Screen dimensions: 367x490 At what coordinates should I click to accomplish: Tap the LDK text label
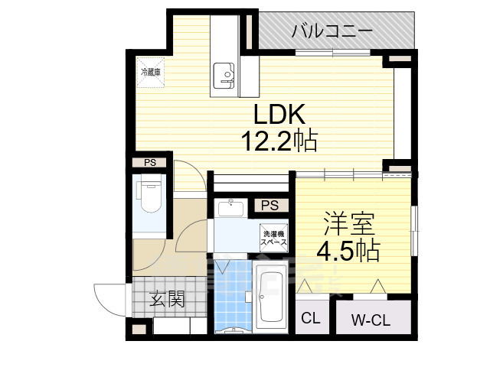coord(280,115)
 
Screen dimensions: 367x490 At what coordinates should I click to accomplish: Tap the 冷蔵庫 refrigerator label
coord(151,73)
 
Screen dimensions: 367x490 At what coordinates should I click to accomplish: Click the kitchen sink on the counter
coord(226,74)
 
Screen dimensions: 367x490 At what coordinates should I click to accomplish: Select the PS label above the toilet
coord(150,162)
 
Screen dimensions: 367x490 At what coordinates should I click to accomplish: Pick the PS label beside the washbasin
coord(269,205)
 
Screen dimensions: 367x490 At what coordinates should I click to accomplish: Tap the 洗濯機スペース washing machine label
coord(274,237)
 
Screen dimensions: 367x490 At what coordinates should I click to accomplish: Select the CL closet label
coord(311,319)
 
